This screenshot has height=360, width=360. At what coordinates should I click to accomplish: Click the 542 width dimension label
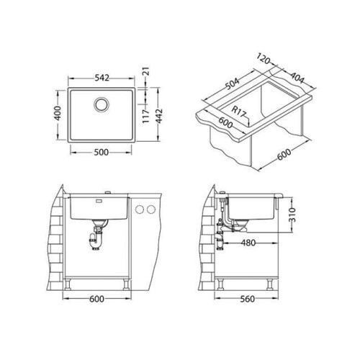pos(102,78)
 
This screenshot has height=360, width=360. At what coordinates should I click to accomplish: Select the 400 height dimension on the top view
pos(58,113)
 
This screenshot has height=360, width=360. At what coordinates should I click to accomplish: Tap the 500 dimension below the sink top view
pos(102,153)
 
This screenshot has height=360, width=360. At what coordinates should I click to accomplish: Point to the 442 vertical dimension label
pos(159,116)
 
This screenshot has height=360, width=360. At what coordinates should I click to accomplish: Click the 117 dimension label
pos(146,117)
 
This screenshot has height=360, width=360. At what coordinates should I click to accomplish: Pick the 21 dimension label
pos(146,71)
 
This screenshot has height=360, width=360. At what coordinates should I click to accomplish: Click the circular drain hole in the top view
pos(102,104)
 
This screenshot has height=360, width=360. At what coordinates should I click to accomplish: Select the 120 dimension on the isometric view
pos(264,59)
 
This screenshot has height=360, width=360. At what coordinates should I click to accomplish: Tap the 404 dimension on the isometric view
pos(297,77)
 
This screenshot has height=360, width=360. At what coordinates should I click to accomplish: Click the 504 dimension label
pos(232,84)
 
